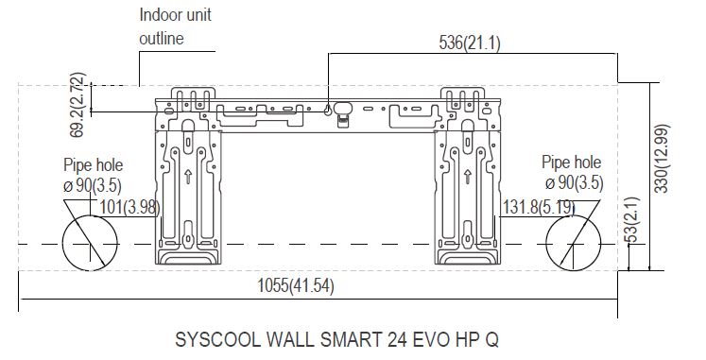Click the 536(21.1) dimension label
click(x=470, y=43)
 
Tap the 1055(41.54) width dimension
click(x=296, y=285)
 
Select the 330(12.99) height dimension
click(x=662, y=159)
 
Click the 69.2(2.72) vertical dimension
click(x=77, y=104)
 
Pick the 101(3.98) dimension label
click(x=129, y=208)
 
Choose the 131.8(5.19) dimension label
click(x=539, y=208)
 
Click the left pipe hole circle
click(x=90, y=215)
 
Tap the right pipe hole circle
click(x=573, y=215)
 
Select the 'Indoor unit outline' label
click(x=175, y=26)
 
